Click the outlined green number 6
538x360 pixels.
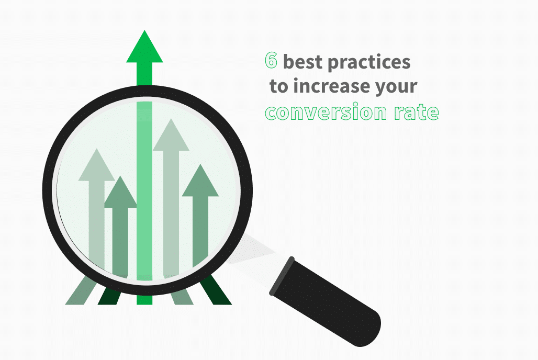[x=271, y=61]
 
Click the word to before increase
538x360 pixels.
[x=278, y=86]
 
